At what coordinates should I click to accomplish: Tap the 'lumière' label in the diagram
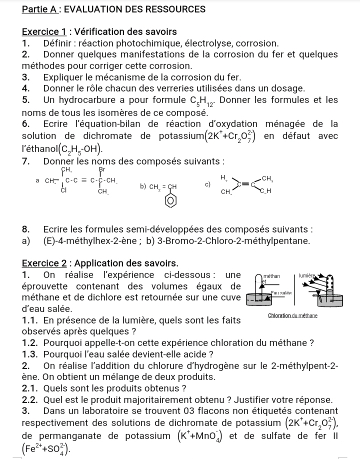(x=306, y=275)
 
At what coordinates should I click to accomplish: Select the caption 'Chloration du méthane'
(x=293, y=315)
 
